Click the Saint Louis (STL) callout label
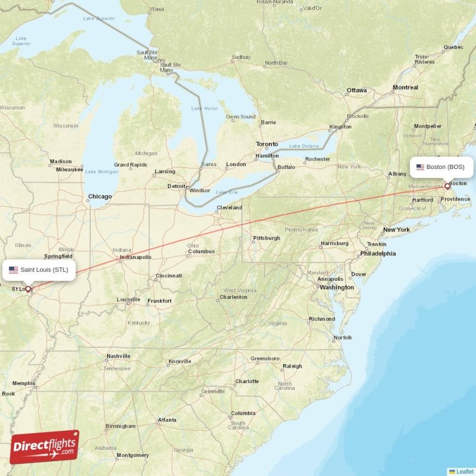[40, 270]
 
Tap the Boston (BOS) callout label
[441, 167]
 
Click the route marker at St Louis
[27, 289]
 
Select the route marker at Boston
[447, 186]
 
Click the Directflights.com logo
[44, 447]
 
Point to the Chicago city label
[99, 196]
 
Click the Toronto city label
[267, 145]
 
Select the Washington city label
[337, 287]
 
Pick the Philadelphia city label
[378, 253]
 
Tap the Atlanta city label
[167, 420]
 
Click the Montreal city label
[405, 87]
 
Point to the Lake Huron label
[205, 108]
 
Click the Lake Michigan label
[102, 171]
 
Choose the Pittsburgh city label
[266, 238]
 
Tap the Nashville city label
[118, 356]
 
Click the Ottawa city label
[357, 90]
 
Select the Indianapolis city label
[135, 257]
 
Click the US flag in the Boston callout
[420, 167]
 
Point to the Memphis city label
[23, 383]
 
